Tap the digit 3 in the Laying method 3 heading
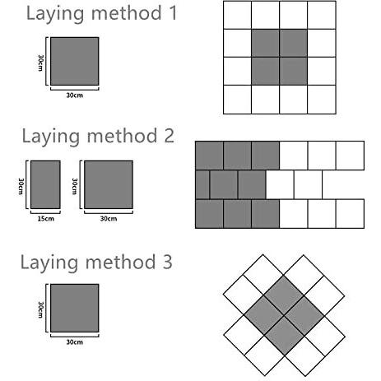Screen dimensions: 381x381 click(167, 263)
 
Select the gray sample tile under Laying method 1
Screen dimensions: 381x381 click(74, 61)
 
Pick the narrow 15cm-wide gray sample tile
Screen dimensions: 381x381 click(45, 184)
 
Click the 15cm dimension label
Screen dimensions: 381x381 click(45, 217)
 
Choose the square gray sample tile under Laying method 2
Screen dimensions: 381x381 click(108, 184)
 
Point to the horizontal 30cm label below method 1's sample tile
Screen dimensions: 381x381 click(74, 95)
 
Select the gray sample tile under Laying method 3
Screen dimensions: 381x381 click(74, 309)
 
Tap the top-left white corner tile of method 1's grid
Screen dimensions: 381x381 click(237, 15)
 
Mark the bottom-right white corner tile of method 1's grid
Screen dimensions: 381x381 click(322, 99)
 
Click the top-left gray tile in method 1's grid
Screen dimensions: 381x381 click(265, 43)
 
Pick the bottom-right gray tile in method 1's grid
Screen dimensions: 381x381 click(294, 71)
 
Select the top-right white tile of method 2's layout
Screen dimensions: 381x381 click(350, 155)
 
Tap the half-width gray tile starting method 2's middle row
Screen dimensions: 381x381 click(202, 184)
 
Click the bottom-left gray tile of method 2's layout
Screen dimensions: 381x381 click(209, 213)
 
